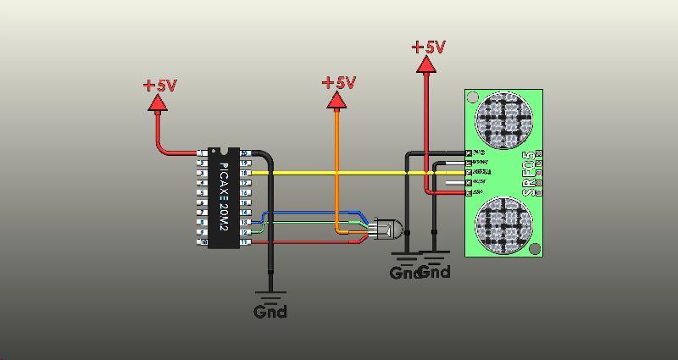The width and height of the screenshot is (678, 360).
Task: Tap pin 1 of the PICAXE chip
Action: tap(202, 153)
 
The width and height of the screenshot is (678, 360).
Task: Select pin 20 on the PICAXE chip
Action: tap(244, 153)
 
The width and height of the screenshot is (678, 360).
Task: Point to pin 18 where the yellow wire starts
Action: tap(244, 173)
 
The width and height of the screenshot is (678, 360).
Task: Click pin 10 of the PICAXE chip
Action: tap(202, 242)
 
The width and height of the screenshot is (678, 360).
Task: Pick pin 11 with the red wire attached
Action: tap(244, 242)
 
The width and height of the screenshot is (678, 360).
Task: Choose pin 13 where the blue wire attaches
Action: tap(244, 222)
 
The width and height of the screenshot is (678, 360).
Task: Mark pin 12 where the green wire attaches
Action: tap(244, 232)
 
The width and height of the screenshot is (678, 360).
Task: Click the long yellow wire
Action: tap(356, 173)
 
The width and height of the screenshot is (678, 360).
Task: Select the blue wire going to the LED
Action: tap(314, 213)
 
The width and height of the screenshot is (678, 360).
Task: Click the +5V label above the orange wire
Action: tap(338, 83)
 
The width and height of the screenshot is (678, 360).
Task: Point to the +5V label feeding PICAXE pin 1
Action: tap(159, 86)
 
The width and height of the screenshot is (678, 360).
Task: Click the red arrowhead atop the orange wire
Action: tap(337, 101)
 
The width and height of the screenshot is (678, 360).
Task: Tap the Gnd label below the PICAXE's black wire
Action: tap(270, 311)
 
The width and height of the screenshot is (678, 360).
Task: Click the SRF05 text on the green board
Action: tap(529, 174)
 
